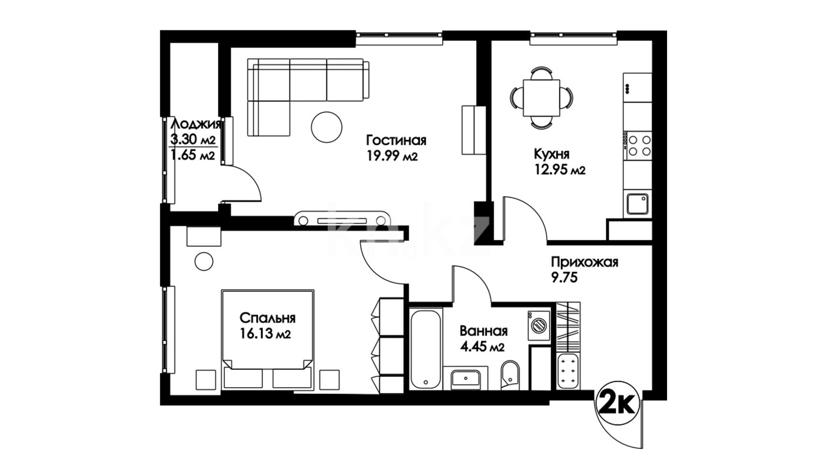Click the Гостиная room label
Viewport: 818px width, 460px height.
396,141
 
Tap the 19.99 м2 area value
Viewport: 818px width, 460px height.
392,156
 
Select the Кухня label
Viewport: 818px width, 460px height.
552,153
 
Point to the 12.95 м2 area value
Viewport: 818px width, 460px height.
560,170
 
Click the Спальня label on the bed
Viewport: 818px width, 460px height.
268,318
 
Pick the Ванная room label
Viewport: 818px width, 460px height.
483,331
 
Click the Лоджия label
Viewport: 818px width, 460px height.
196,124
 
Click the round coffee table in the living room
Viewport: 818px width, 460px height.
327,126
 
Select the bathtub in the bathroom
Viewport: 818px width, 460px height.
425,349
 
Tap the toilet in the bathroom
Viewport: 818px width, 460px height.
510,376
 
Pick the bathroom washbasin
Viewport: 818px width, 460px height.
465,378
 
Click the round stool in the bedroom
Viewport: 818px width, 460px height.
204,261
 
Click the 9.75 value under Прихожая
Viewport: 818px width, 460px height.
564,278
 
